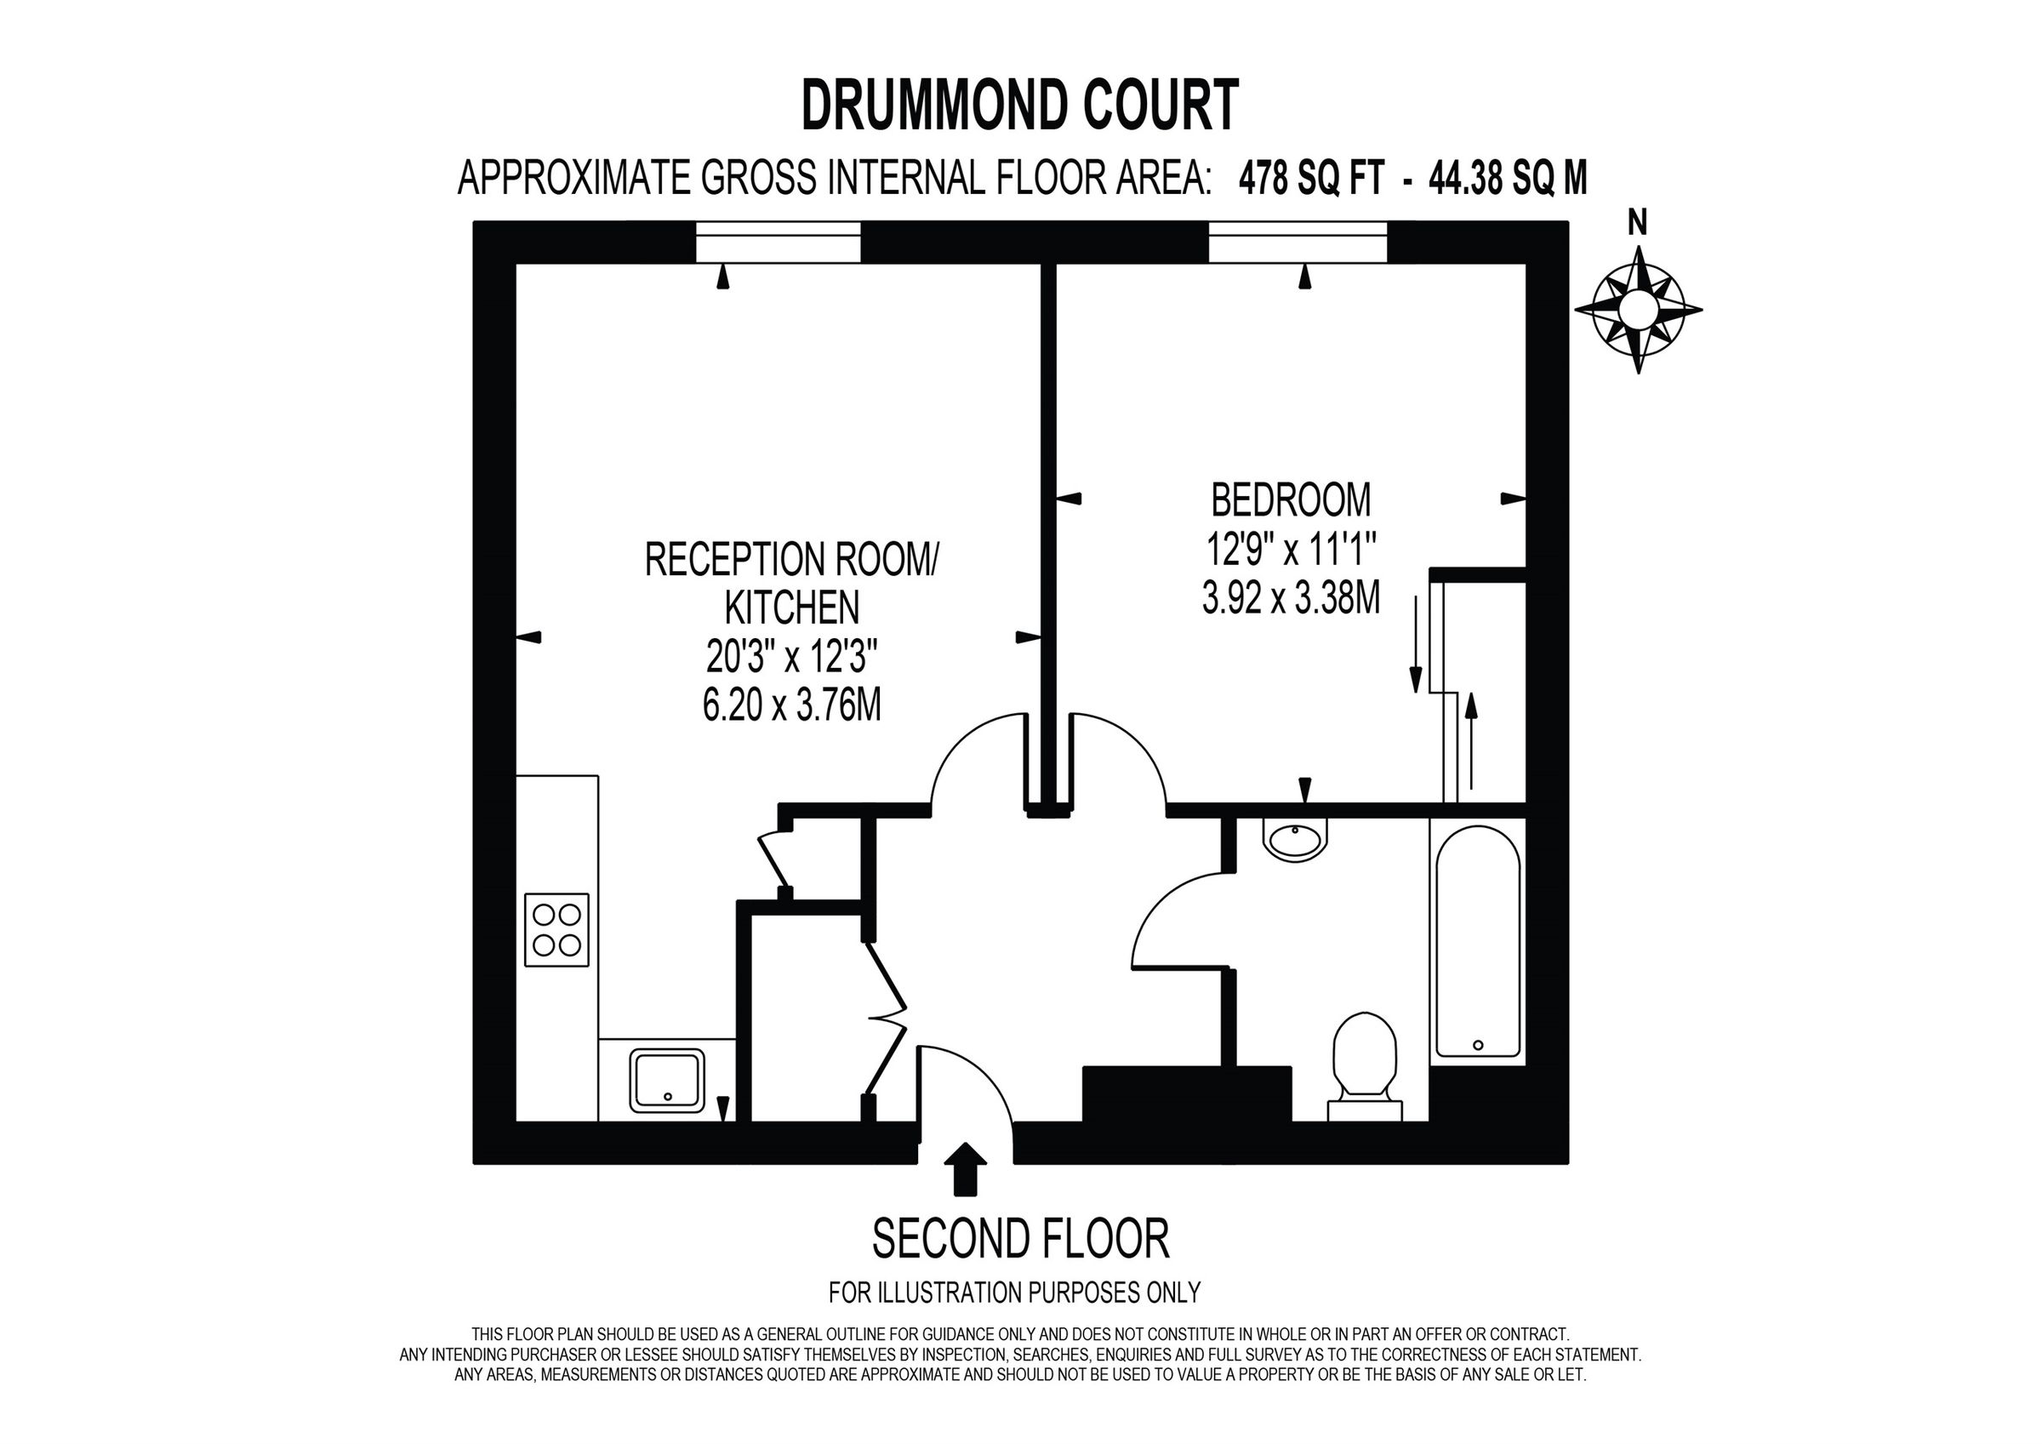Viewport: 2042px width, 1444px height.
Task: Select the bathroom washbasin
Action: coord(1295,838)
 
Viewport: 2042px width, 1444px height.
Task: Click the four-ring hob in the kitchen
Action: coord(556,930)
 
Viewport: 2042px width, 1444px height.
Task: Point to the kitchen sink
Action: coord(667,1080)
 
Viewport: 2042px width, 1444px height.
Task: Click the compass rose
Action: coord(1638,310)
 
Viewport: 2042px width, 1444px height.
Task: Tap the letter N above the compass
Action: coord(1637,224)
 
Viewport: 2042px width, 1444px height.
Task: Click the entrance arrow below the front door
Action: coord(965,1168)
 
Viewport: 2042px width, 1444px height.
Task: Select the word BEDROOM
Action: coord(1292,500)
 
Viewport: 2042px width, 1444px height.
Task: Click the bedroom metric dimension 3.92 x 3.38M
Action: coord(1292,598)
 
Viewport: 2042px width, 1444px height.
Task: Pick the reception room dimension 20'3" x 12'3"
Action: coord(792,659)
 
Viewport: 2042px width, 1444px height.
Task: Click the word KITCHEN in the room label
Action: coord(792,608)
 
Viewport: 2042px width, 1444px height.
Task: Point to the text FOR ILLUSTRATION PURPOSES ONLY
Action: coord(1015,1292)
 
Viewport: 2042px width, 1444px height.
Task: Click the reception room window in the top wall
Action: coord(779,242)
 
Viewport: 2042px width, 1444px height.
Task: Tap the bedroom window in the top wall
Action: coord(1298,242)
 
